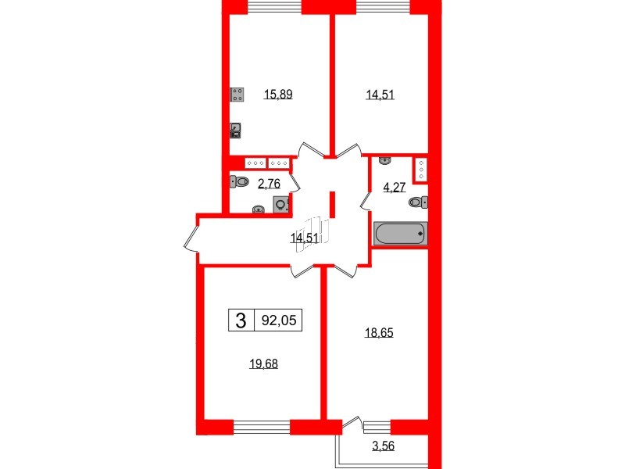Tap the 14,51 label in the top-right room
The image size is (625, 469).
380,96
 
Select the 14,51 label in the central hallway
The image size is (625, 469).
303,239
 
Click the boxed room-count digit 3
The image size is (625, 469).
241,319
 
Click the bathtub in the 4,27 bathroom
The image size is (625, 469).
400,233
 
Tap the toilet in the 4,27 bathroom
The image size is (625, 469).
417,202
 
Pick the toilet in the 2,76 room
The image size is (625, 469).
240,183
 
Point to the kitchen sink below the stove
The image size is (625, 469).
236,131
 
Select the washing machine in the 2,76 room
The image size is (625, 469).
280,204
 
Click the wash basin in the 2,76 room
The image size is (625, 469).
259,209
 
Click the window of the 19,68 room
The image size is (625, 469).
262,426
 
